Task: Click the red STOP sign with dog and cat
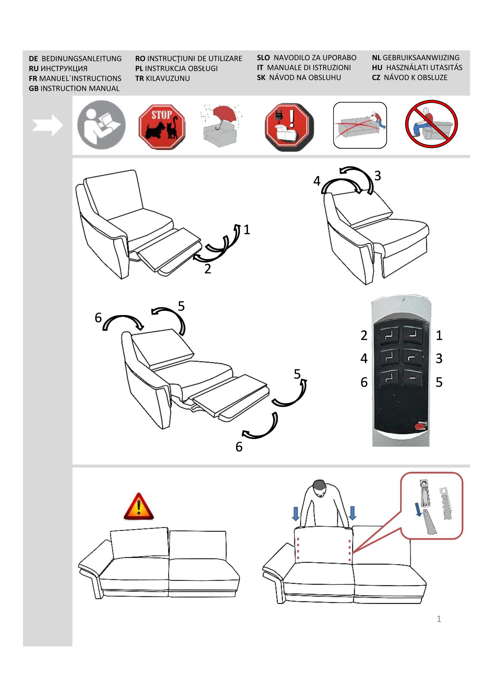(x=162, y=127)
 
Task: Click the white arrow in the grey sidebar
(x=47, y=125)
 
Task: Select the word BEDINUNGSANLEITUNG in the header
(x=81, y=59)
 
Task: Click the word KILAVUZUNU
(x=168, y=78)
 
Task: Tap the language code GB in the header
(x=33, y=88)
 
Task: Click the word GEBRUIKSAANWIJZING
(x=421, y=58)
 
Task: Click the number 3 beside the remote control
(x=439, y=358)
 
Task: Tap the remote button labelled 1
(x=413, y=334)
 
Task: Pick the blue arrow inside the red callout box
(x=418, y=509)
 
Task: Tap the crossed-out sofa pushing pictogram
(x=360, y=125)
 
